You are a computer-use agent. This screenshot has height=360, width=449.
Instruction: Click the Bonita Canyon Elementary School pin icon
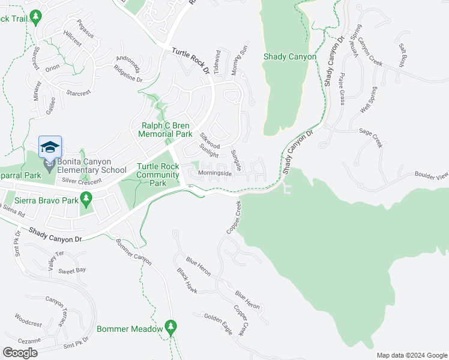coord(50,147)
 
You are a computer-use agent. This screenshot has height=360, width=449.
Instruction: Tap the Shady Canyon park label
coord(289,56)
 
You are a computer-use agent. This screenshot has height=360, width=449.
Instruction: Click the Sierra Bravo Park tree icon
coord(86,197)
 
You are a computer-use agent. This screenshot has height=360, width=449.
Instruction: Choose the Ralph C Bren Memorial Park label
coord(166,130)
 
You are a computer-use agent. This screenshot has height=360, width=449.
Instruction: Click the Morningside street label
coord(215,173)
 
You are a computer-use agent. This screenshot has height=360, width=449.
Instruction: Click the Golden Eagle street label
coord(218,322)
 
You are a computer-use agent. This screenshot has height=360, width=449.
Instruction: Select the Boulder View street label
coord(431,176)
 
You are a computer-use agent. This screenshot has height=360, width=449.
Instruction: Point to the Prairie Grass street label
coord(342,89)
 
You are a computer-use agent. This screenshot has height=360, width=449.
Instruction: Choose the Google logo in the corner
coord(20,352)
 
